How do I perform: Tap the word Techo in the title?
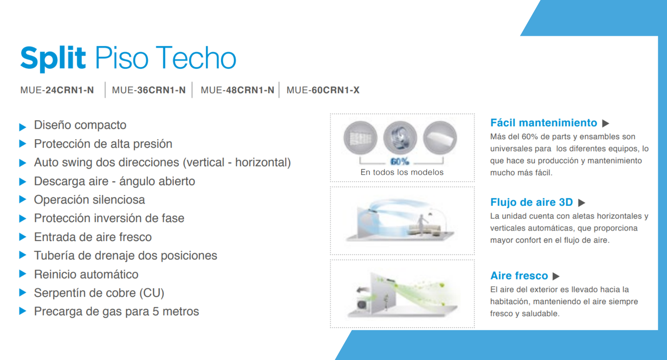point(196,57)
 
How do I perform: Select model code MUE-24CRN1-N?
point(57,90)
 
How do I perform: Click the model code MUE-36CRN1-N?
point(148,90)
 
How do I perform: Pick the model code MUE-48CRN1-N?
point(237,90)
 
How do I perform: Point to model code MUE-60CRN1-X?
point(323,90)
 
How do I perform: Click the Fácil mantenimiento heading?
point(544,122)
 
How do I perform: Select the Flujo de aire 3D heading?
point(532,202)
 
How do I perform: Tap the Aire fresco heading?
point(519,275)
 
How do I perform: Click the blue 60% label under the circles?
point(400,162)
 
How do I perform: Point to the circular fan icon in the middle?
point(400,138)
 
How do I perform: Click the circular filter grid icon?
point(360,138)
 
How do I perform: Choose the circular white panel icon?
point(440,138)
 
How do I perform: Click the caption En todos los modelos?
point(402,172)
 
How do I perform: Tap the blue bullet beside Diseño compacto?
point(23,127)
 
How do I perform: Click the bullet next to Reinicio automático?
point(23,274)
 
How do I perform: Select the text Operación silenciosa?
point(89,200)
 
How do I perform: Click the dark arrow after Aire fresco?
point(556,276)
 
